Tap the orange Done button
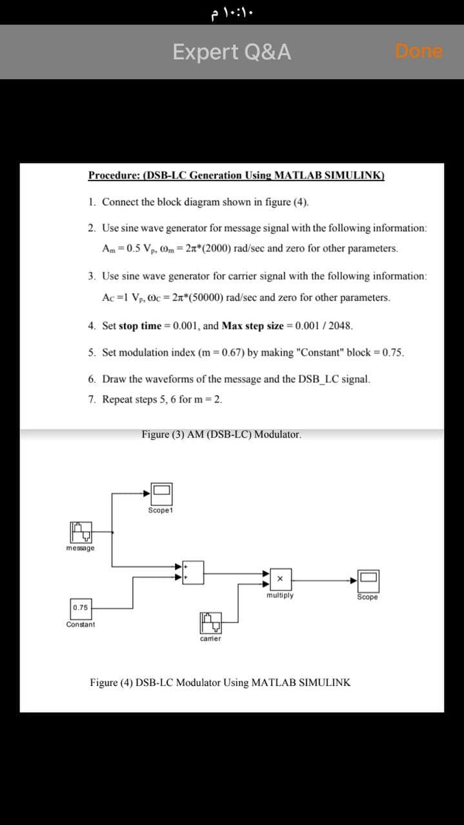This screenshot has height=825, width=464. (x=419, y=51)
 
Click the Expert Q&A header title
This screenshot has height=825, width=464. (x=232, y=52)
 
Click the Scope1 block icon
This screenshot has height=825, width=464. (x=161, y=494)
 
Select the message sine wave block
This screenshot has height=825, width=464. (x=80, y=532)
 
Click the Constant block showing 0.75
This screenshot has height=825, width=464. (x=81, y=607)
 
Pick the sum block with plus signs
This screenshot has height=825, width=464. (x=193, y=571)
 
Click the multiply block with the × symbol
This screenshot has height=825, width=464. (x=280, y=579)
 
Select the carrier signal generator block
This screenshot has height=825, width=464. (x=210, y=623)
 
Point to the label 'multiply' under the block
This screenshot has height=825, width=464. (x=280, y=596)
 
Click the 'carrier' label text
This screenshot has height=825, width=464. (x=210, y=639)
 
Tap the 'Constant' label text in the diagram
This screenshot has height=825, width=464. (x=80, y=625)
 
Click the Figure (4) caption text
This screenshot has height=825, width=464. (x=220, y=682)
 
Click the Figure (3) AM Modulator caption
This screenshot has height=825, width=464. (x=221, y=434)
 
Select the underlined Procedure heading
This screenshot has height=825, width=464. (x=236, y=175)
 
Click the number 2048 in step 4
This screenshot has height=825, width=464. (x=339, y=325)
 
